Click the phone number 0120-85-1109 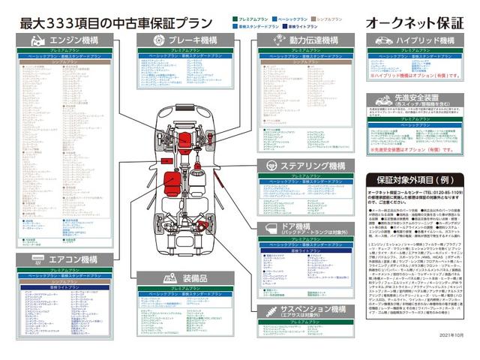442,194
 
